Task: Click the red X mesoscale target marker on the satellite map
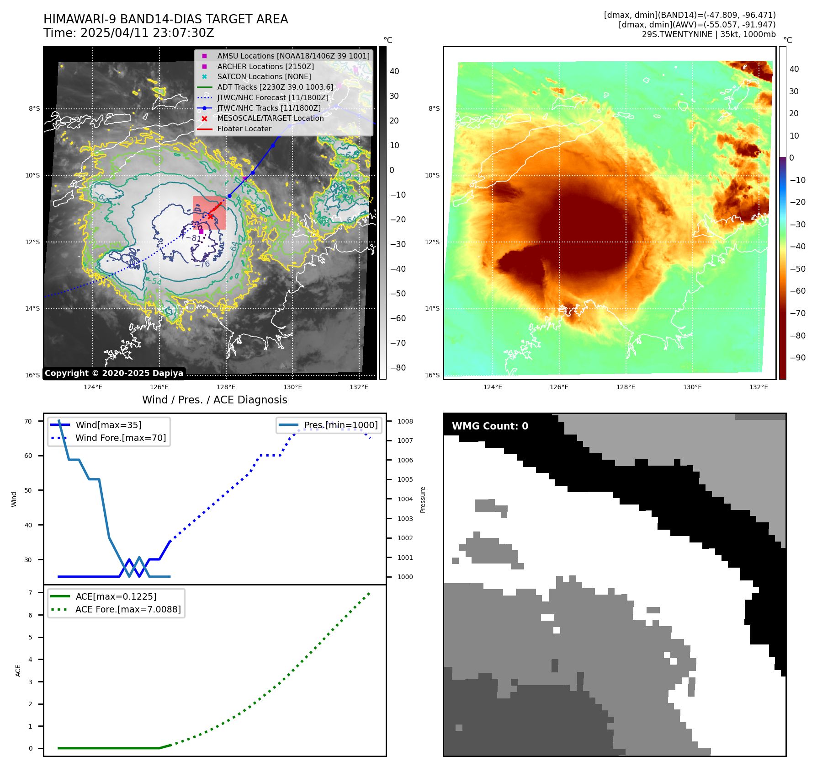(x=210, y=216)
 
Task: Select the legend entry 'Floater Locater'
(x=244, y=129)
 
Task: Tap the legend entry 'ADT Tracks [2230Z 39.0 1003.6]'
(x=275, y=87)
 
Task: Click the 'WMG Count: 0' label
(x=490, y=426)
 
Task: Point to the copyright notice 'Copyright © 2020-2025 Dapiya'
(x=114, y=373)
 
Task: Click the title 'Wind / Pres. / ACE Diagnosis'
(x=214, y=400)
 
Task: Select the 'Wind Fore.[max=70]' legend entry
(x=121, y=438)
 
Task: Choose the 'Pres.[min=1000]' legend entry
(x=341, y=425)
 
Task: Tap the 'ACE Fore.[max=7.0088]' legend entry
(x=128, y=609)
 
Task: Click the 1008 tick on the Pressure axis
(x=405, y=421)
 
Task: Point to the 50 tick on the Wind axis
(x=28, y=490)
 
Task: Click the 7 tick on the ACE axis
(x=30, y=593)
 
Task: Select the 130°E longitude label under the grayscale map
(x=292, y=387)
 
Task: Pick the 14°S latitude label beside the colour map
(x=432, y=308)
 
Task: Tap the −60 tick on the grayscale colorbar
(x=398, y=318)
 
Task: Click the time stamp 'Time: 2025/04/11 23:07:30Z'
(x=129, y=33)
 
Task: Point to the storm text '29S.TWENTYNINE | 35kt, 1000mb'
(x=708, y=34)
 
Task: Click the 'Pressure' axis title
(x=423, y=499)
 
